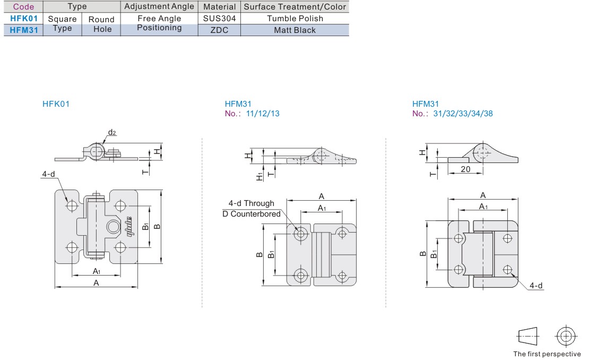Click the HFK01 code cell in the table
[x=23, y=19]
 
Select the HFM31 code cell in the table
[x=23, y=30]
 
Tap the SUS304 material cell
[x=219, y=19]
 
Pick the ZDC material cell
[x=219, y=30]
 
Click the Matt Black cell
[x=294, y=30]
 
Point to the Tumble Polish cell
[x=294, y=19]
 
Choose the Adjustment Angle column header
[x=159, y=7]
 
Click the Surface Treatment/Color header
[x=294, y=7]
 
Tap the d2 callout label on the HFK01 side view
[x=112, y=132]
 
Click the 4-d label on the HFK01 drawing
[x=49, y=174]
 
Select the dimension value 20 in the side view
[x=465, y=169]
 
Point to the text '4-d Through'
[x=251, y=203]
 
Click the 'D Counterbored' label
[x=251, y=214]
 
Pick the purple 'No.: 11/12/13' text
[x=252, y=114]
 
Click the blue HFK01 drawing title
[x=56, y=104]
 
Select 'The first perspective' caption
[x=547, y=354]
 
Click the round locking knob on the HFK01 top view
[x=113, y=227]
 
